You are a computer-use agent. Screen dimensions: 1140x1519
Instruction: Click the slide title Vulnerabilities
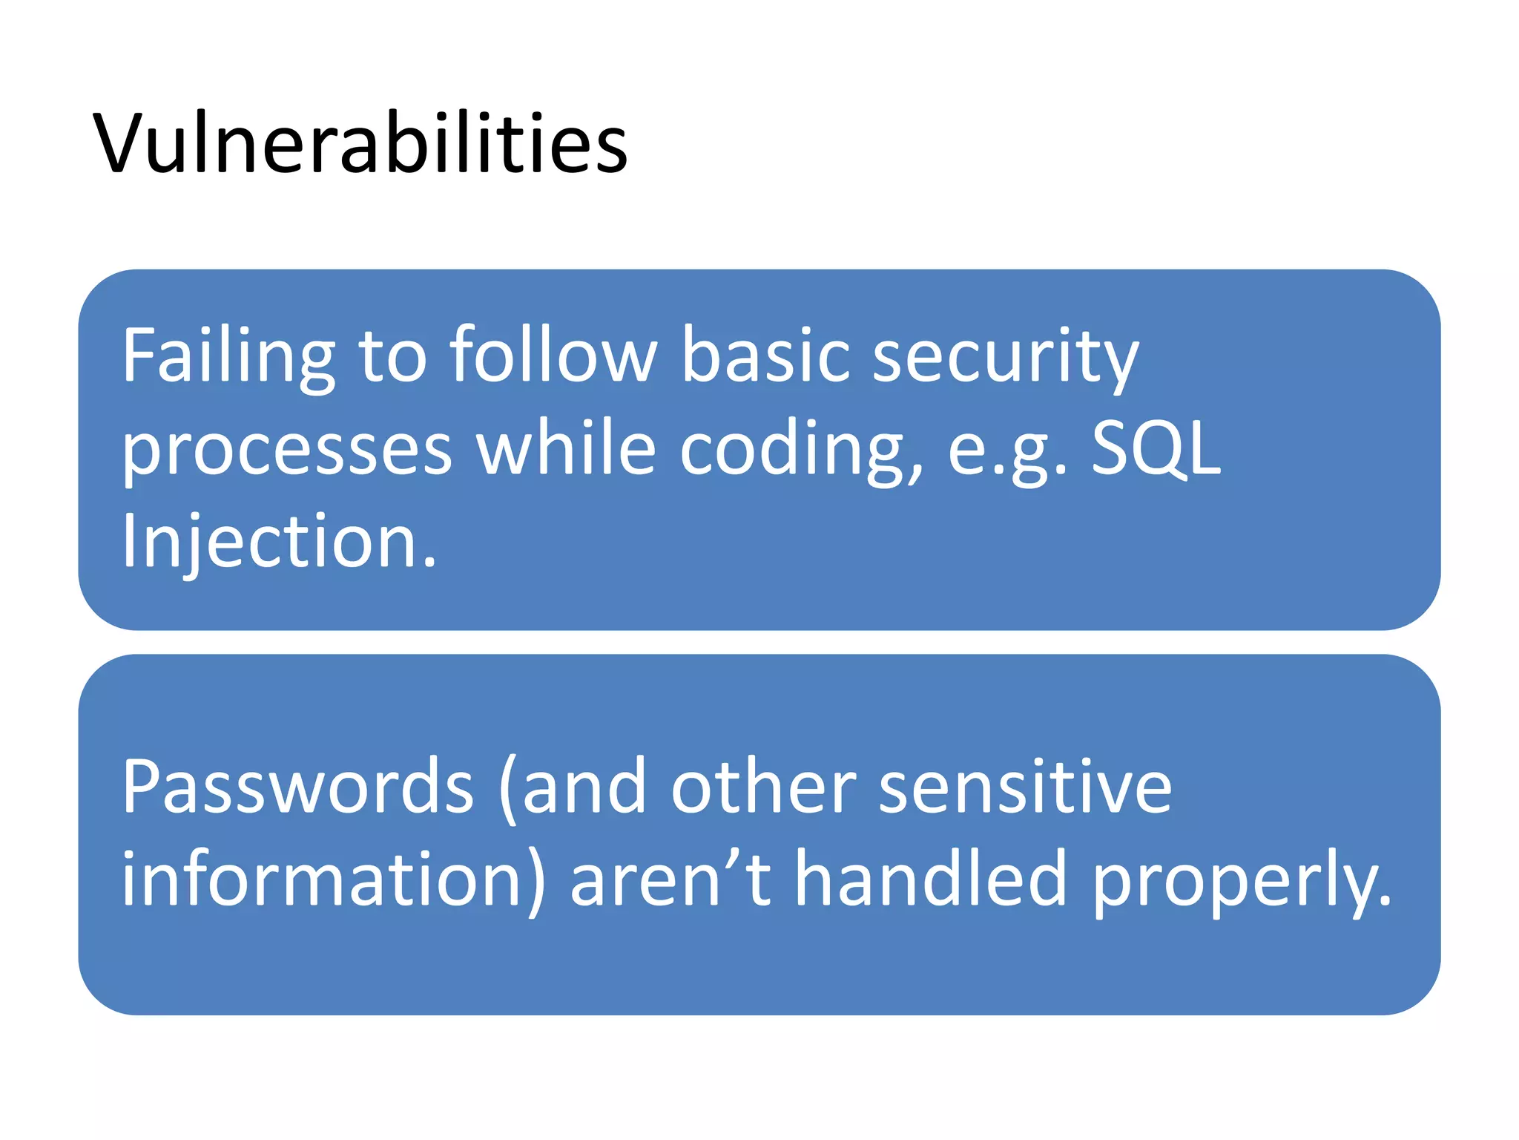click(x=360, y=142)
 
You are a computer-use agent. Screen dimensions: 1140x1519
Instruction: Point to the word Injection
click(x=279, y=542)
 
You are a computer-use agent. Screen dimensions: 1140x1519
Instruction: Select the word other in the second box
click(x=764, y=787)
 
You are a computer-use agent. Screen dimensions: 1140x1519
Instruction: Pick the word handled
click(x=931, y=879)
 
